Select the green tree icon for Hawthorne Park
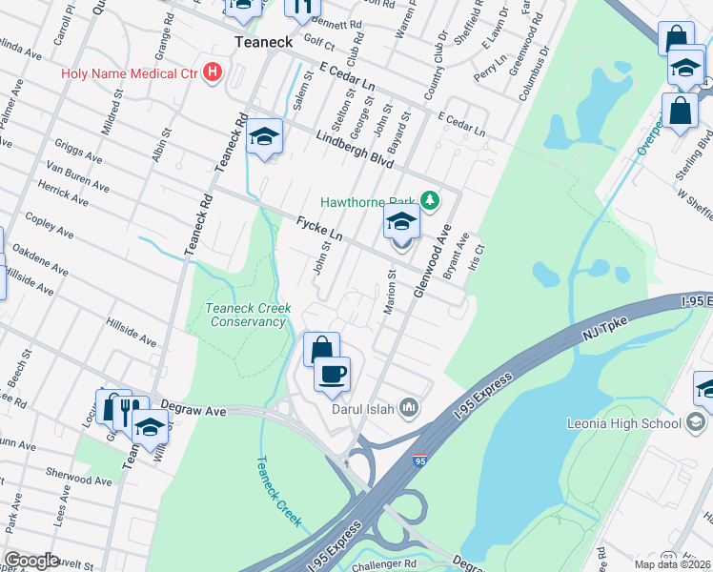431,200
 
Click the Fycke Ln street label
318,229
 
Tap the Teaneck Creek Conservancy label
246,314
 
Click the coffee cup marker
332,374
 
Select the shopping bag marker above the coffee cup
321,349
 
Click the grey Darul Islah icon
410,408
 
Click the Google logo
31,560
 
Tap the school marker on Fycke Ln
401,224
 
